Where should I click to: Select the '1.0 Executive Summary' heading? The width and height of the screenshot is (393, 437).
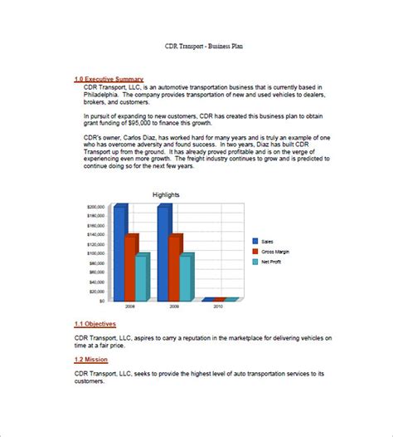[x=108, y=79]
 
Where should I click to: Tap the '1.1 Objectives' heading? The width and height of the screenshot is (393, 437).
[x=95, y=323]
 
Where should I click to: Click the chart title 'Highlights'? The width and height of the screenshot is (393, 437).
[x=166, y=195]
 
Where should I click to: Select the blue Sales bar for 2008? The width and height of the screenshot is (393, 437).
[x=120, y=253]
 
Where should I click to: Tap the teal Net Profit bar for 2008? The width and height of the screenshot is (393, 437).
[x=142, y=277]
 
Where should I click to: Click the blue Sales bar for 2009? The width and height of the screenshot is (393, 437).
[x=163, y=253]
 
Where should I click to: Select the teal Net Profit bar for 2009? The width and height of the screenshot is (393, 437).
[x=185, y=277]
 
